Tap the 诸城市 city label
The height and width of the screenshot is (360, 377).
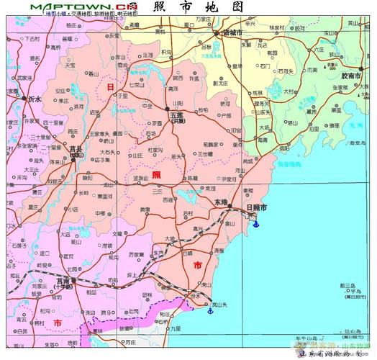coord(232,33)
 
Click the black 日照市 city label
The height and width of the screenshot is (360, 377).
coord(255,207)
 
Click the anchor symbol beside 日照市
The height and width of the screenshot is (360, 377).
coord(253,225)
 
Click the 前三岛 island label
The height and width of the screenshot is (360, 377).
coord(350,286)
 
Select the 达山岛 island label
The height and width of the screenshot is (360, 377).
coord(348,330)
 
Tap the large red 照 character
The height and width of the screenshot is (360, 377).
coord(156,176)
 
